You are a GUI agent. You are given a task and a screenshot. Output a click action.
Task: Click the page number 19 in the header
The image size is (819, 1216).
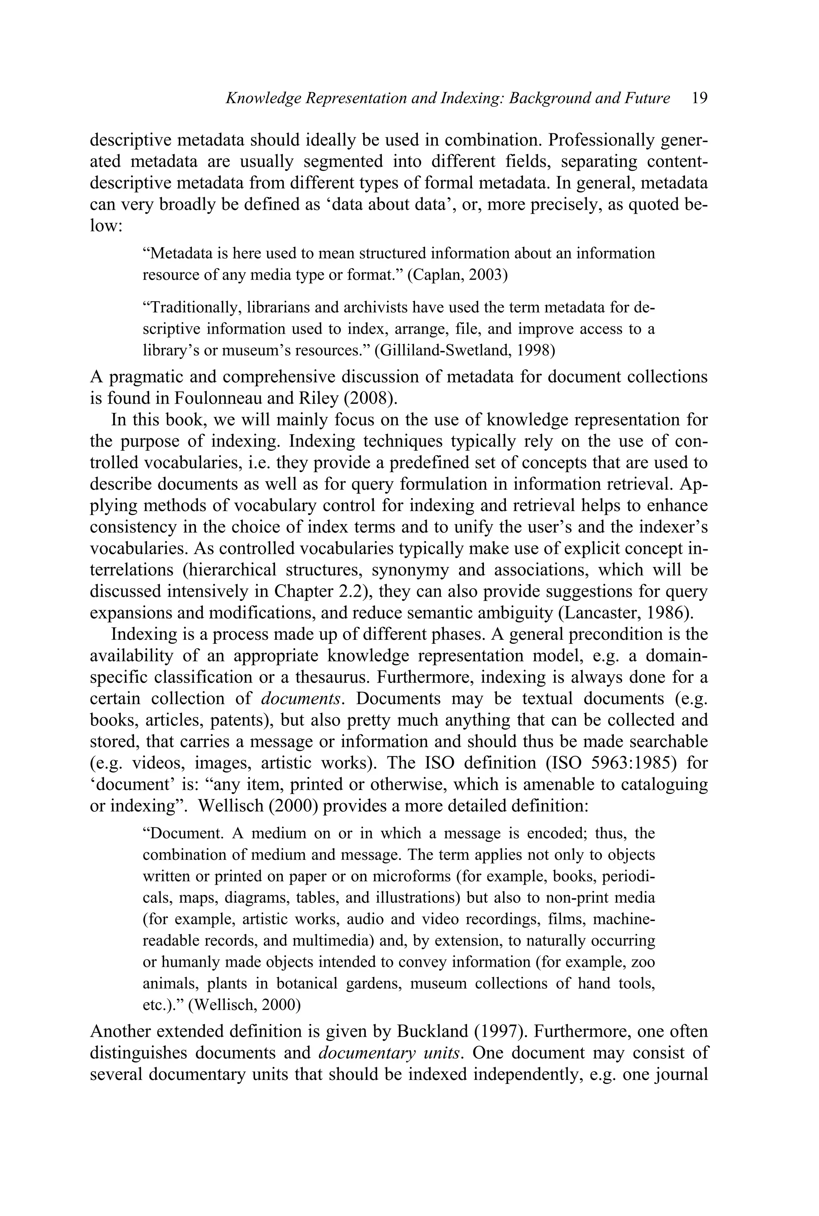[x=699, y=98]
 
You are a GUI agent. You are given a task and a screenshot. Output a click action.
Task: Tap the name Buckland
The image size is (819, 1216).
[x=432, y=1032]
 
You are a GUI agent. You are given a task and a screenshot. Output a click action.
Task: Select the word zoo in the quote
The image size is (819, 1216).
[x=643, y=962]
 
